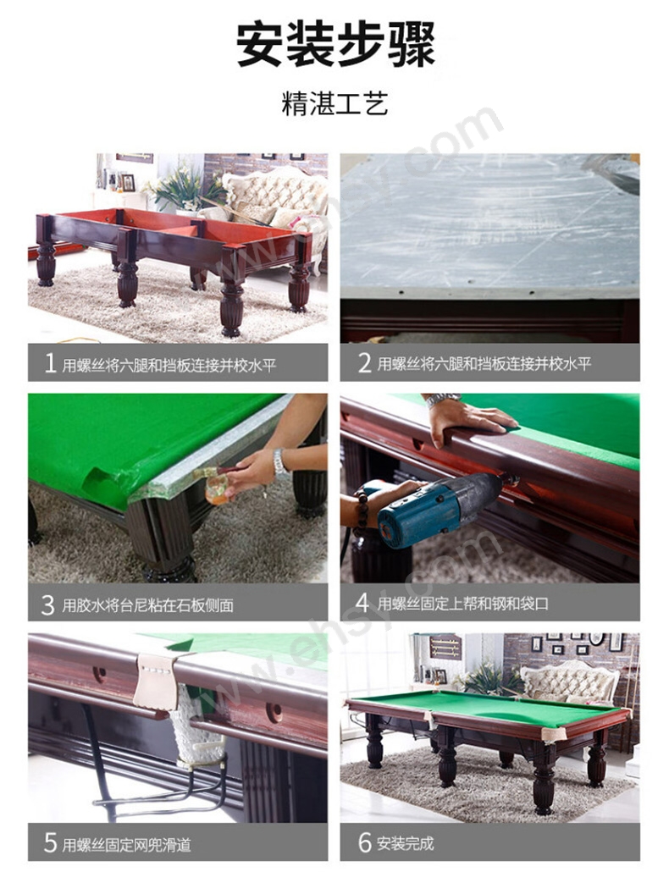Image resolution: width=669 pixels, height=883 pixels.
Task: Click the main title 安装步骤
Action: pyautogui.click(x=335, y=45)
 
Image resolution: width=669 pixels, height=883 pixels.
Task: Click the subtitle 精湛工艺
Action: pyautogui.click(x=334, y=103)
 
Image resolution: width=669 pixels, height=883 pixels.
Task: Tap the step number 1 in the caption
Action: pyautogui.click(x=50, y=364)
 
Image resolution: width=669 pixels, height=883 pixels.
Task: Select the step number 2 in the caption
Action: pyautogui.click(x=364, y=363)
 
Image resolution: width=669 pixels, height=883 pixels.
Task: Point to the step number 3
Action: pyautogui.click(x=48, y=605)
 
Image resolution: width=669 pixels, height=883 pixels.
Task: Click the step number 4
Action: pyautogui.click(x=362, y=603)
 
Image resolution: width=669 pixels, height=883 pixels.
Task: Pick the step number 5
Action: pyautogui.click(x=50, y=843)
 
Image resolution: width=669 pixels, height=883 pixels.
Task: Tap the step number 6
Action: pyautogui.click(x=364, y=843)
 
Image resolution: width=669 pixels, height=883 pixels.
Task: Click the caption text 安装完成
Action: pyautogui.click(x=406, y=843)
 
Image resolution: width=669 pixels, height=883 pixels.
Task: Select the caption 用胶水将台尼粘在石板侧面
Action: pyautogui.click(x=147, y=605)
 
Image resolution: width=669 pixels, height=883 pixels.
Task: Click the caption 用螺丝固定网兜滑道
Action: pyautogui.click(x=127, y=845)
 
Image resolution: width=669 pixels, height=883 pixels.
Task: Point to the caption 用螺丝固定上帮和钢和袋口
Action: pyautogui.click(x=463, y=604)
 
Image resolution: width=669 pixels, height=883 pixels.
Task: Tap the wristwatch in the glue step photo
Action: pyautogui.click(x=279, y=463)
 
